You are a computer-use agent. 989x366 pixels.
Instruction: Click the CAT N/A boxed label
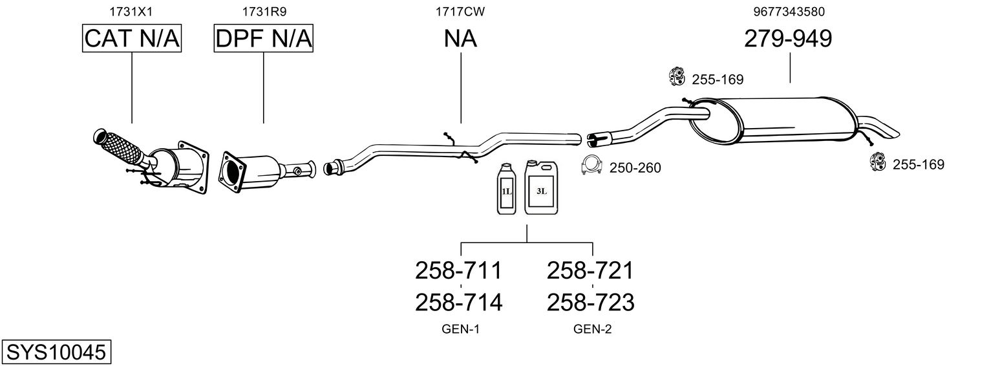[132, 39]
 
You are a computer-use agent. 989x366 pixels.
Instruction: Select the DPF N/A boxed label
[264, 39]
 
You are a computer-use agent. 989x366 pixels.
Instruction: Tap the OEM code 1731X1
[132, 11]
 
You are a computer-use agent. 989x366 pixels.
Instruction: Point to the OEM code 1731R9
[264, 11]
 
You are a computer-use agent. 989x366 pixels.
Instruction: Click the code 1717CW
[460, 11]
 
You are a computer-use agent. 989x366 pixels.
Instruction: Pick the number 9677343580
[789, 11]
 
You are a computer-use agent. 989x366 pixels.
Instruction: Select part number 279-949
[788, 39]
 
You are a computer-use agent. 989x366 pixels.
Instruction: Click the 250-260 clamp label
[636, 168]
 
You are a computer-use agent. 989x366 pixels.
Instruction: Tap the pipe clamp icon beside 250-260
[592, 166]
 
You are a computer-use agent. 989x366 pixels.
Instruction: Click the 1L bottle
[505, 189]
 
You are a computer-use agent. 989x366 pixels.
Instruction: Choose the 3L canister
[540, 188]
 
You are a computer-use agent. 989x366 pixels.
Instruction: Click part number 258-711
[458, 270]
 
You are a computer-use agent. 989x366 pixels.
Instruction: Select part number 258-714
[458, 302]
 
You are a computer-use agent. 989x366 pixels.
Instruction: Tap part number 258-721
[591, 270]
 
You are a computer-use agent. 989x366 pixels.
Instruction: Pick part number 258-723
[591, 302]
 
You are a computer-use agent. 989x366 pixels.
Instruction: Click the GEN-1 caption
[460, 329]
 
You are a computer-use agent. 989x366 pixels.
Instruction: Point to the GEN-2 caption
[592, 329]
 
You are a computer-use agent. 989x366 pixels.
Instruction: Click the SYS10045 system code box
[56, 352]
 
